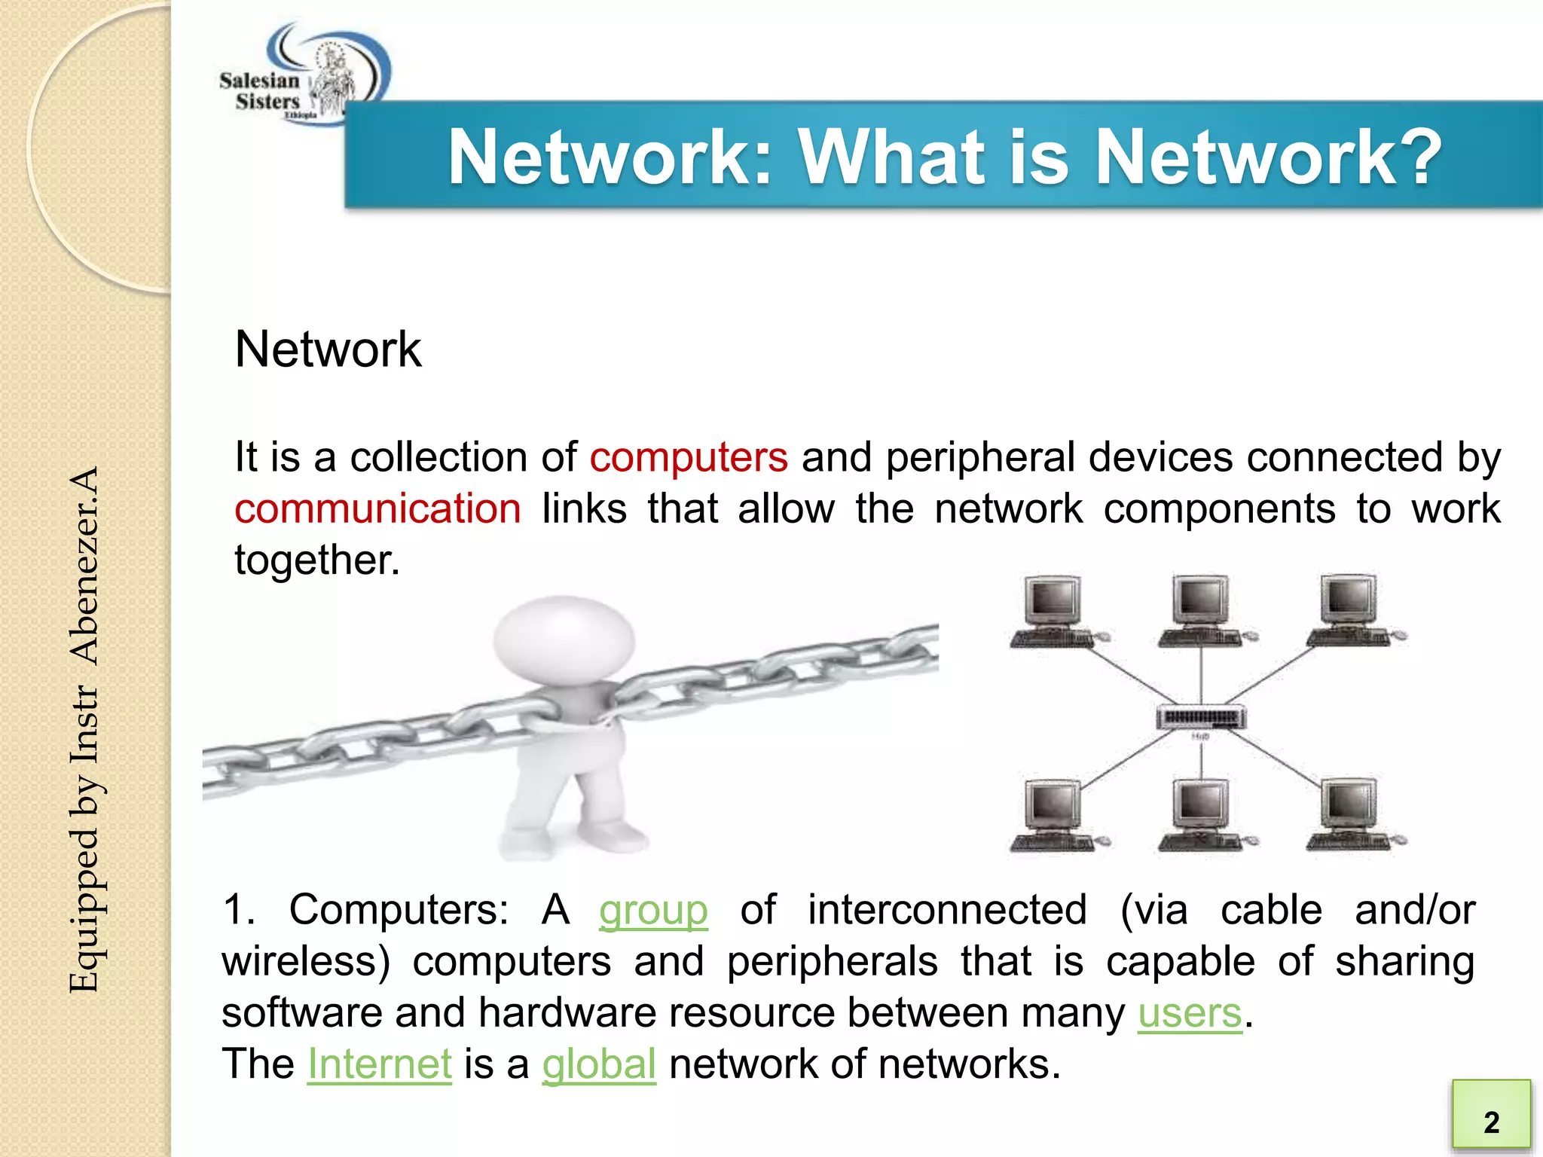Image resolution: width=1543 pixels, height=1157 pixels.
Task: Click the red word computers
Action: pyautogui.click(x=689, y=457)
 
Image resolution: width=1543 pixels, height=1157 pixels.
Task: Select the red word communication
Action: pyautogui.click(x=377, y=508)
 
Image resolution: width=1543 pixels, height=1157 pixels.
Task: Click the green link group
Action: pyautogui.click(x=653, y=910)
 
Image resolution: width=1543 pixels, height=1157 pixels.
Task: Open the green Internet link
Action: pyautogui.click(x=380, y=1064)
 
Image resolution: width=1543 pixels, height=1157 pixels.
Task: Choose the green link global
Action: pyautogui.click(x=599, y=1064)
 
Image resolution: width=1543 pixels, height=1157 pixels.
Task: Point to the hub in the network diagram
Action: pyautogui.click(x=1201, y=716)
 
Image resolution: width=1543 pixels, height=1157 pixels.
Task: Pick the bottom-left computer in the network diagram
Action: pyautogui.click(x=1056, y=817)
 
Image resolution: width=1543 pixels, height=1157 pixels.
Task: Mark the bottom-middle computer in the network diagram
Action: pyautogui.click(x=1202, y=817)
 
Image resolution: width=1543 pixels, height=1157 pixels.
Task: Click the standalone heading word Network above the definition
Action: pyautogui.click(x=328, y=350)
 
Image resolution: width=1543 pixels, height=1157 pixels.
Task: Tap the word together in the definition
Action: pyautogui.click(x=316, y=560)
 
